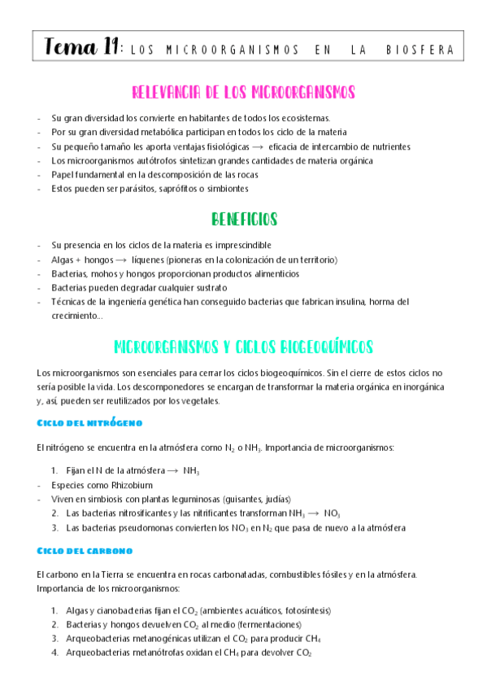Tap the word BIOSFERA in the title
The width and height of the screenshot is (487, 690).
(420, 50)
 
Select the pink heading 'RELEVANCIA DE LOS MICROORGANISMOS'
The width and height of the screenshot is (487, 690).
(243, 92)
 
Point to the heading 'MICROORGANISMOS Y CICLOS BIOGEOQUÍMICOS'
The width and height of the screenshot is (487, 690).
(243, 347)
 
